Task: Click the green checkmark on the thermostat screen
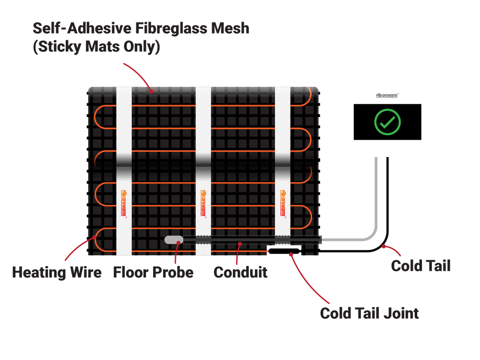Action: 387,121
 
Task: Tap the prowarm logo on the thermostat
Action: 387,96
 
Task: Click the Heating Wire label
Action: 57,273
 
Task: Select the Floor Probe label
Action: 153,273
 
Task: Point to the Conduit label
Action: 240,273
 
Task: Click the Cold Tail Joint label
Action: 370,313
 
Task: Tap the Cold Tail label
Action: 420,266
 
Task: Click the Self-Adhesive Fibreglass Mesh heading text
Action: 141,28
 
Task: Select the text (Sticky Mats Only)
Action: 96,48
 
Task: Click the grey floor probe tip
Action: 171,239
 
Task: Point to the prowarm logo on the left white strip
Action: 123,204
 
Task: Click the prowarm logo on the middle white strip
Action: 203,204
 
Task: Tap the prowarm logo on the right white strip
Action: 282,204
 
